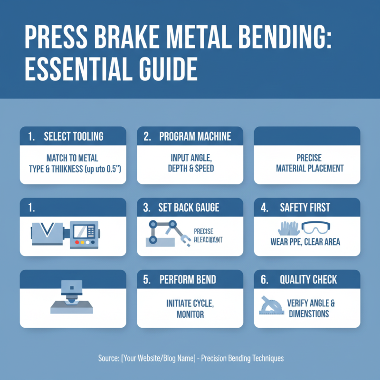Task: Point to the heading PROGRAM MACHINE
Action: [195, 136]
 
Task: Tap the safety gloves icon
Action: [286, 228]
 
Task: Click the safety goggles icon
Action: [318, 228]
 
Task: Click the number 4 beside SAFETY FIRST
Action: [264, 208]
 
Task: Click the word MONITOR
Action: [190, 314]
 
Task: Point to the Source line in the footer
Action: [190, 358]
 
